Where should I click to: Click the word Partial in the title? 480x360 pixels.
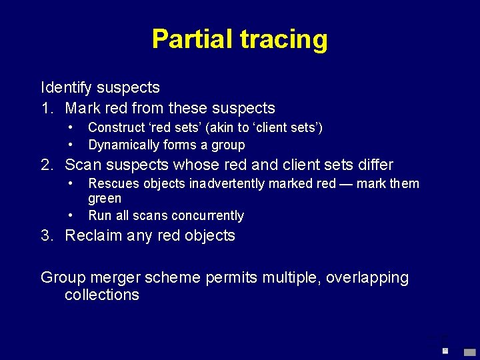click(x=192, y=39)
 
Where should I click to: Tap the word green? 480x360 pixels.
click(x=105, y=198)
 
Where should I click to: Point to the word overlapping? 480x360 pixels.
click(x=367, y=277)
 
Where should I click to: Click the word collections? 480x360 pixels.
click(x=102, y=295)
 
